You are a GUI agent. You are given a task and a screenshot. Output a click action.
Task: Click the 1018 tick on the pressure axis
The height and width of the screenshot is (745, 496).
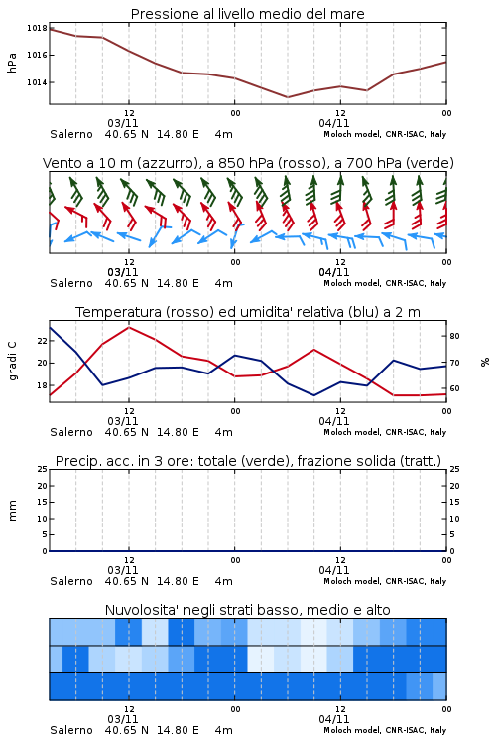coord(37,28)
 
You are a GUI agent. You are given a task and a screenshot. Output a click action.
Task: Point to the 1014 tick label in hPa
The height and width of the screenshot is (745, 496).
coord(37,82)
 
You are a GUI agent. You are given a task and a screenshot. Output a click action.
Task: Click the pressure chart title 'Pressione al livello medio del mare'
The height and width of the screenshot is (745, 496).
coord(248,14)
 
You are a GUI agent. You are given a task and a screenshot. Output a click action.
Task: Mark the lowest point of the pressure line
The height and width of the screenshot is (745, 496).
coord(287,97)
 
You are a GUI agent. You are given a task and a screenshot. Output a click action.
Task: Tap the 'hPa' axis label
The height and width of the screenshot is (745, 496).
coord(12,63)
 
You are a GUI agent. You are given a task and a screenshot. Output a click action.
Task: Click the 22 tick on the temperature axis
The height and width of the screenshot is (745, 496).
coord(43,341)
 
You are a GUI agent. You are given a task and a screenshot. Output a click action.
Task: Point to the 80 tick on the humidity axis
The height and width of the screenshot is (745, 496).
coord(454,336)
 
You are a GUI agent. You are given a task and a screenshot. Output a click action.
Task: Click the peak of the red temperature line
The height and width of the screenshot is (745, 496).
coord(129,328)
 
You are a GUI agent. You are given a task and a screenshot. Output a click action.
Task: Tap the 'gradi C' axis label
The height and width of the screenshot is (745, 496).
coord(13,361)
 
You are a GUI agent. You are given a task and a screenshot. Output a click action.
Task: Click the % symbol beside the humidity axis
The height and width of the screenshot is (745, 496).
coord(485,362)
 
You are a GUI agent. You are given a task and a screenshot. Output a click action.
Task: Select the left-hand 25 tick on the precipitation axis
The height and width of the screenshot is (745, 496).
coord(43,470)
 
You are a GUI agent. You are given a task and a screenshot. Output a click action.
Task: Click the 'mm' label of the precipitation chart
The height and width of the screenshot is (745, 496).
coord(12,511)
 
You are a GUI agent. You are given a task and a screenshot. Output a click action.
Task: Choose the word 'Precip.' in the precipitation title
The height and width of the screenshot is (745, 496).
coord(73,461)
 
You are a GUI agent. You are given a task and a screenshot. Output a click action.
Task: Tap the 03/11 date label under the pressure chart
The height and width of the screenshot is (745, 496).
coord(122,123)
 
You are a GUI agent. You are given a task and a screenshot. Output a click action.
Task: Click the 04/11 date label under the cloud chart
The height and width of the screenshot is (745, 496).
coord(333,719)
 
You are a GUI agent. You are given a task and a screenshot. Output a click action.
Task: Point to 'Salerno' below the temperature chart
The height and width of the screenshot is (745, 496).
coord(71,432)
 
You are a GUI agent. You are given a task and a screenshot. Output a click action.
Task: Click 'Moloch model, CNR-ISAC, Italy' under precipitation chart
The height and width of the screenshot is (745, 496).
coord(385,581)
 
